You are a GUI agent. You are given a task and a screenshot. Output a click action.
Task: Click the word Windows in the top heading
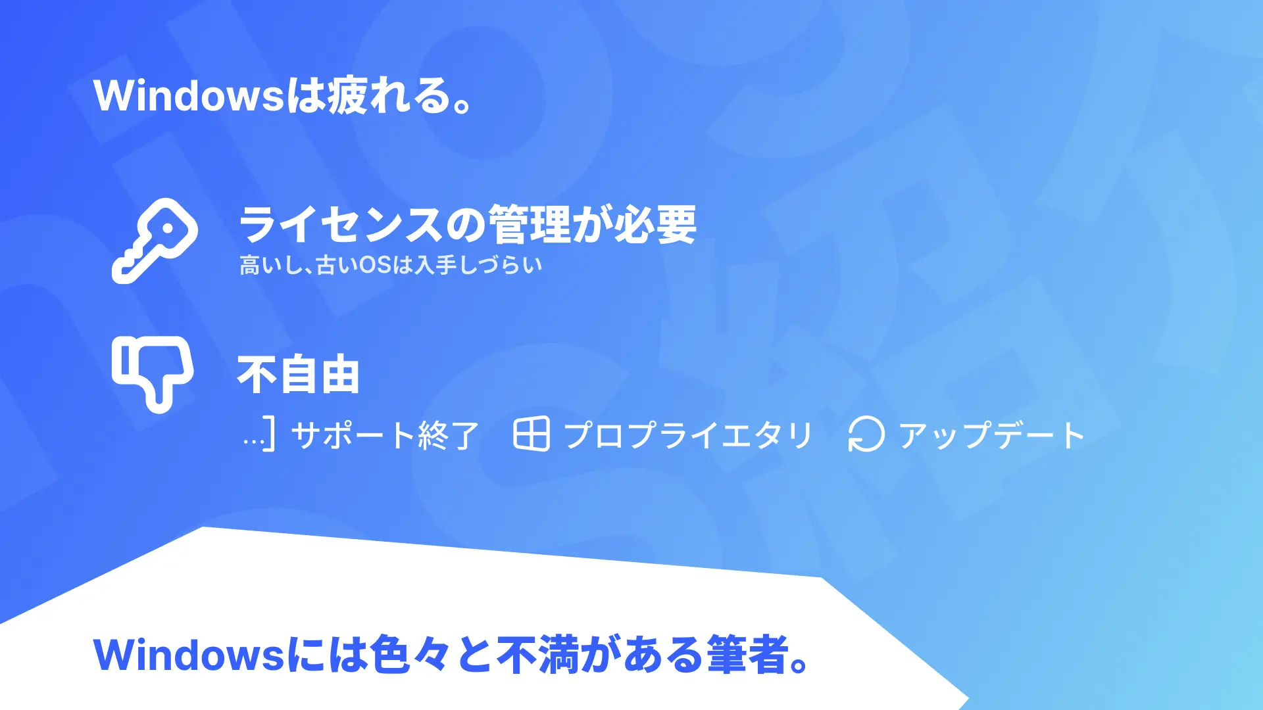(189, 96)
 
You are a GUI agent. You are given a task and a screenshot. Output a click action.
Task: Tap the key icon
(155, 241)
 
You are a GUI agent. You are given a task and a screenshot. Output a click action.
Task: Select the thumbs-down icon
(153, 373)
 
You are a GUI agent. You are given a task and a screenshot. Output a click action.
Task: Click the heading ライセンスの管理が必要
(468, 224)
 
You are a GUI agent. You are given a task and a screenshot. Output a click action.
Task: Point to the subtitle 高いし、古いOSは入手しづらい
(391, 265)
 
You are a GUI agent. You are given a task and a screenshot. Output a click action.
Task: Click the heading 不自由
(298, 375)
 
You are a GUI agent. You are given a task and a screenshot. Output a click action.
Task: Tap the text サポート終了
(385, 435)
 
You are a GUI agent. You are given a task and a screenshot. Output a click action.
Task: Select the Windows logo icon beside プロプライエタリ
(531, 434)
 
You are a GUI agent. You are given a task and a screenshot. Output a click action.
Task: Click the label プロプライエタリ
(689, 435)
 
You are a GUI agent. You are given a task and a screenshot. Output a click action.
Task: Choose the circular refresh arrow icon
(866, 435)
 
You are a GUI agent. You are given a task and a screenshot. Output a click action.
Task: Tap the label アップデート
(992, 435)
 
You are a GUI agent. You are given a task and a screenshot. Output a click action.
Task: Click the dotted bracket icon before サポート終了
(259, 434)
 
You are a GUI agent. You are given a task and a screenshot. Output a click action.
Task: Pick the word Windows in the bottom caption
(189, 655)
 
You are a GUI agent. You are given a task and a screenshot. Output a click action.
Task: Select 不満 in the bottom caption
(537, 655)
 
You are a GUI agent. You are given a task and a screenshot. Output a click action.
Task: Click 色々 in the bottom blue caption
(409, 655)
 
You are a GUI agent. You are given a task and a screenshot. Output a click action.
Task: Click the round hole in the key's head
(167, 229)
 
